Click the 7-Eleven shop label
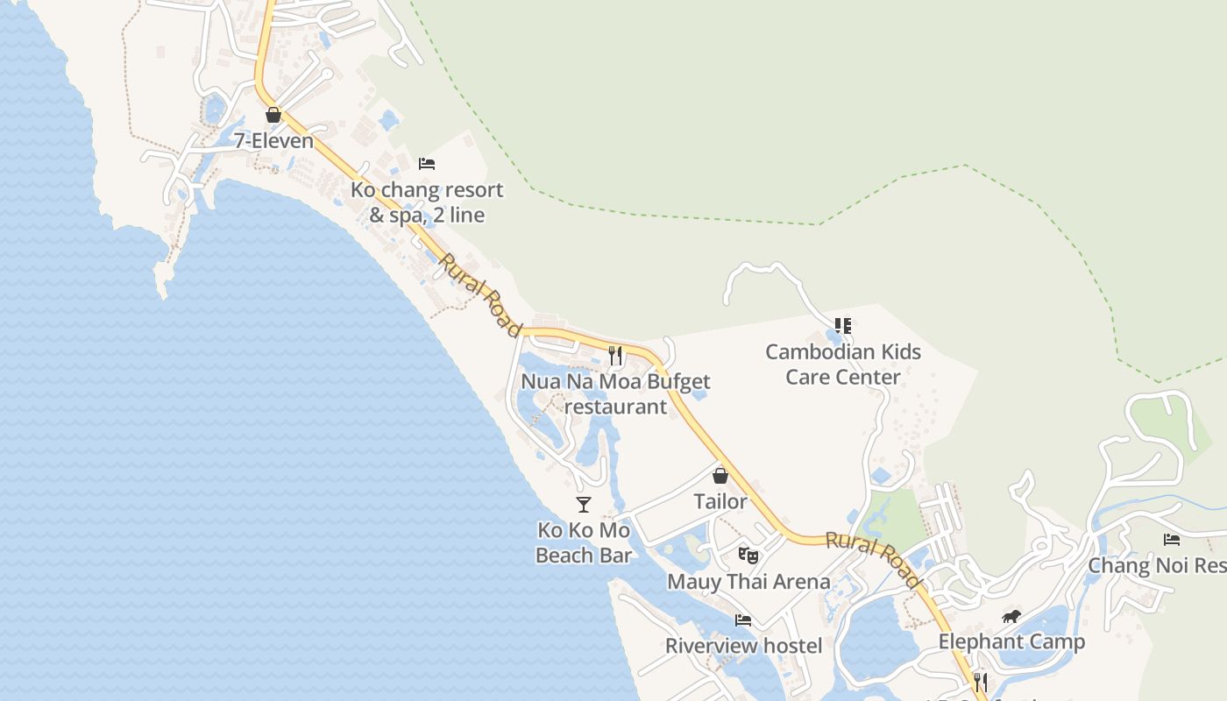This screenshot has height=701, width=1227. point(273,140)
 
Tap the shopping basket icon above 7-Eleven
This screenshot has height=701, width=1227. point(273,115)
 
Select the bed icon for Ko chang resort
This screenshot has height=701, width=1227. point(427,164)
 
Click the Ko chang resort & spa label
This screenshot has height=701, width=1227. point(427,202)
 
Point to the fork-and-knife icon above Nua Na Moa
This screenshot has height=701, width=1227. point(615,355)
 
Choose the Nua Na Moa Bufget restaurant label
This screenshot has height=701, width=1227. point(615,394)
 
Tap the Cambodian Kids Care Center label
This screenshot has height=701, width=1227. point(843,365)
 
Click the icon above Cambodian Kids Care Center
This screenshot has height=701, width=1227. point(843,326)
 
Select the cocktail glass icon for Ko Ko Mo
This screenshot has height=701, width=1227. point(584,504)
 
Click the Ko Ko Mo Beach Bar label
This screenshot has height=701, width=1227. point(584,542)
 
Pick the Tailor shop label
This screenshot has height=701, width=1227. point(720,501)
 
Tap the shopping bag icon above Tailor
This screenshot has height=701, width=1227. point(720,476)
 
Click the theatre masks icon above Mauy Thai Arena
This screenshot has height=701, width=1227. point(748,555)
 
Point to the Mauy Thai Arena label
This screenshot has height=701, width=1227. point(748,582)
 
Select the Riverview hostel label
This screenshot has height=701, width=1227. point(743,647)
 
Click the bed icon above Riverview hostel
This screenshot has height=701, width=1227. point(743,620)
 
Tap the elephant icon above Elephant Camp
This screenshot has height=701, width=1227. point(1011,617)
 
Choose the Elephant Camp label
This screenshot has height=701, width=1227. point(1011,642)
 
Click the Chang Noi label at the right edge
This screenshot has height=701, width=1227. point(1156,565)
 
